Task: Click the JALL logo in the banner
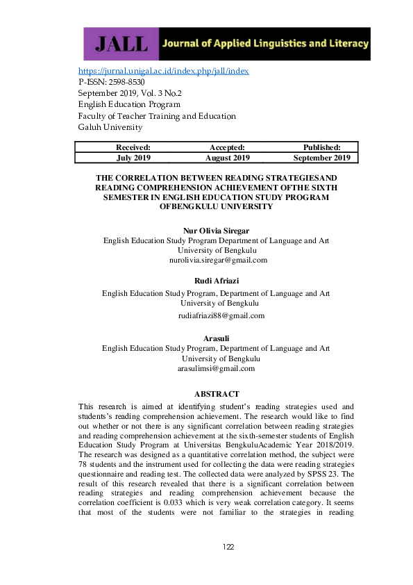click(121, 44)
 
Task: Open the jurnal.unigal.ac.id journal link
click(163, 71)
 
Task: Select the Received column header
click(133, 147)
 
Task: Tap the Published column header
click(321, 147)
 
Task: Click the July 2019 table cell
click(133, 158)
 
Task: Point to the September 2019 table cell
click(321, 158)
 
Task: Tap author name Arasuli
click(216, 338)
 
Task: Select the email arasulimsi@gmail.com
click(217, 368)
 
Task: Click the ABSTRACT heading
click(217, 394)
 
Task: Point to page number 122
click(229, 547)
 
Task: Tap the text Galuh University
click(110, 127)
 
